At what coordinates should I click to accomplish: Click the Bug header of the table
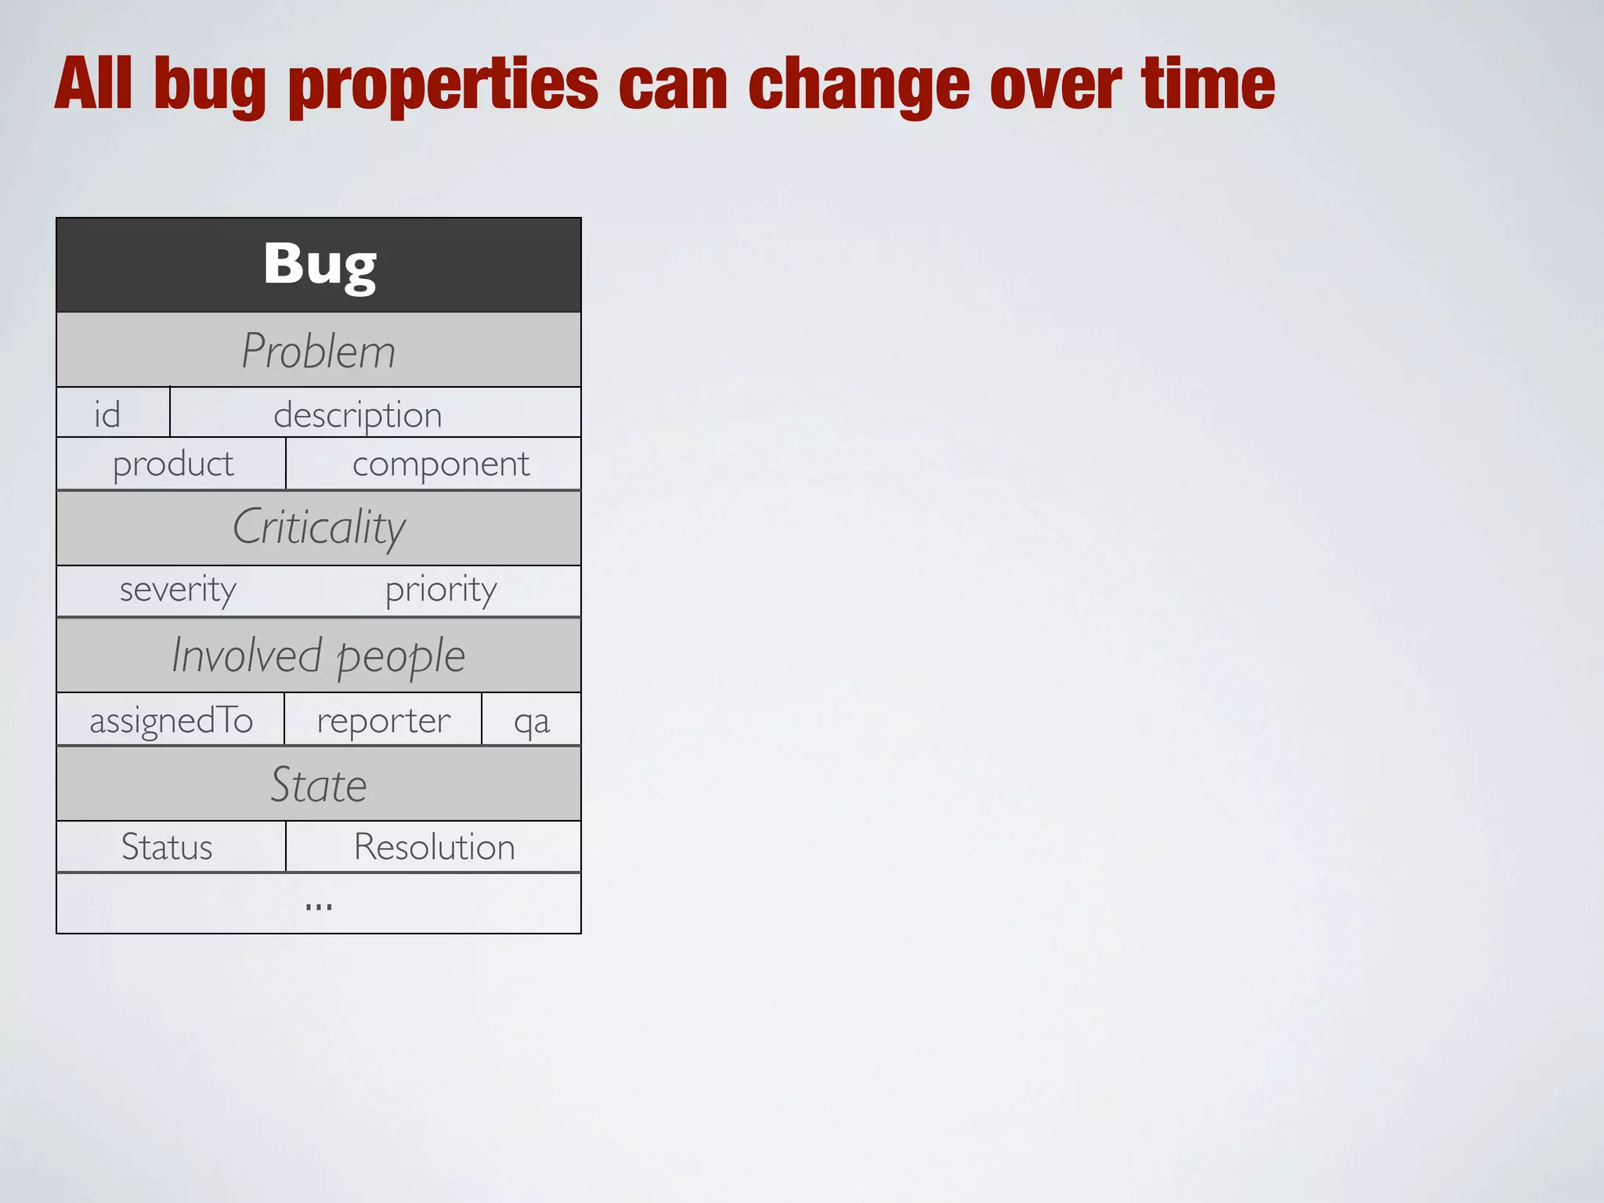coord(319,265)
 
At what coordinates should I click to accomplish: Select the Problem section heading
coord(319,350)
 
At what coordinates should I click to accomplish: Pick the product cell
coord(173,464)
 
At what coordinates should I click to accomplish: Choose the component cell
coord(441,464)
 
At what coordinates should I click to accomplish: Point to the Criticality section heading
coord(319,527)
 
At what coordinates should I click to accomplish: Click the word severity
coord(178,590)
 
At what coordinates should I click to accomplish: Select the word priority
coord(441,590)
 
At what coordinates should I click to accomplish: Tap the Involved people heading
coord(319,656)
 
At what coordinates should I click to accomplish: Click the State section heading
coord(319,785)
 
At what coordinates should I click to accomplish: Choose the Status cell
coord(167,847)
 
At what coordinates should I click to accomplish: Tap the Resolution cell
coord(435,847)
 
